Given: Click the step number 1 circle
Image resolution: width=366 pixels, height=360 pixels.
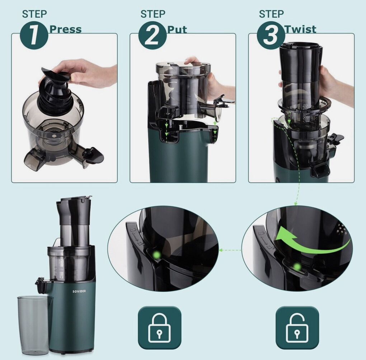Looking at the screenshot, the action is [x=34, y=35].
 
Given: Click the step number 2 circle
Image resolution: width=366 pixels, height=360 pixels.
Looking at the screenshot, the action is [x=152, y=35].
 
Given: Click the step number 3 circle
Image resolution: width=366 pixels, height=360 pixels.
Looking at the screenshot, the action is [x=271, y=35].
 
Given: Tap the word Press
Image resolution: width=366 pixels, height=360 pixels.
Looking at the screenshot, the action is [x=66, y=29].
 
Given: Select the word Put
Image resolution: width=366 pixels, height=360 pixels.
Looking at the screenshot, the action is [x=177, y=30].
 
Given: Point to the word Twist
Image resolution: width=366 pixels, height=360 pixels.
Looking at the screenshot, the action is [x=301, y=29].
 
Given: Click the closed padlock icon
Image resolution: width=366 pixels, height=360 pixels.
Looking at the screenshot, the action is [x=159, y=328].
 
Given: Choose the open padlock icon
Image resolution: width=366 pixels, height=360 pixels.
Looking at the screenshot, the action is [x=297, y=328].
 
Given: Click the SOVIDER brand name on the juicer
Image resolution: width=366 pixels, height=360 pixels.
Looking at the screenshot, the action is [x=79, y=291].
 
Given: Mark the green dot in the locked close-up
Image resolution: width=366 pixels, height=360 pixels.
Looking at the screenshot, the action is [x=156, y=255].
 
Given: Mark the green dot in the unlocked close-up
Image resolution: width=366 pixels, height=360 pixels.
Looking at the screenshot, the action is [x=297, y=266].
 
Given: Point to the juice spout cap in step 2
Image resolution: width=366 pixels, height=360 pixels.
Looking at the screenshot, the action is [x=224, y=101].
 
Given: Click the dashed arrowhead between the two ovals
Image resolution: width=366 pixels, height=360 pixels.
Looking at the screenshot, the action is [x=220, y=250].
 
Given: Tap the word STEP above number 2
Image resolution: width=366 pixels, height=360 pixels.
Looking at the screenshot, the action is [x=153, y=14].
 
